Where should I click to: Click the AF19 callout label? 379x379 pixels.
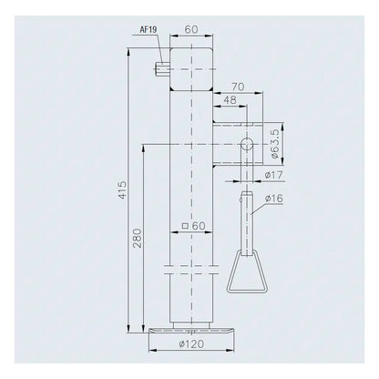coord(149,30)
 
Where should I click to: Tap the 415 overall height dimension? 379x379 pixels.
coord(122,189)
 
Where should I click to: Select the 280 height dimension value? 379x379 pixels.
coord(138,238)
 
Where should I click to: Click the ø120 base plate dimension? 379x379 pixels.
coord(191,344)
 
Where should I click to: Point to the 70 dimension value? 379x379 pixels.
coord(238,87)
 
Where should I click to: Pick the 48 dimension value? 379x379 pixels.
coord(230,100)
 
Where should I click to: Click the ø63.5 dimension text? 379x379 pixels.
coord(274,144)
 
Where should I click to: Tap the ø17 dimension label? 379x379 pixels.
coord(273,175)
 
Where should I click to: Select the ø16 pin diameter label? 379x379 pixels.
coord(273,199)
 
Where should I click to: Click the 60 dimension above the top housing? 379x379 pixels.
coord(191,29)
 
